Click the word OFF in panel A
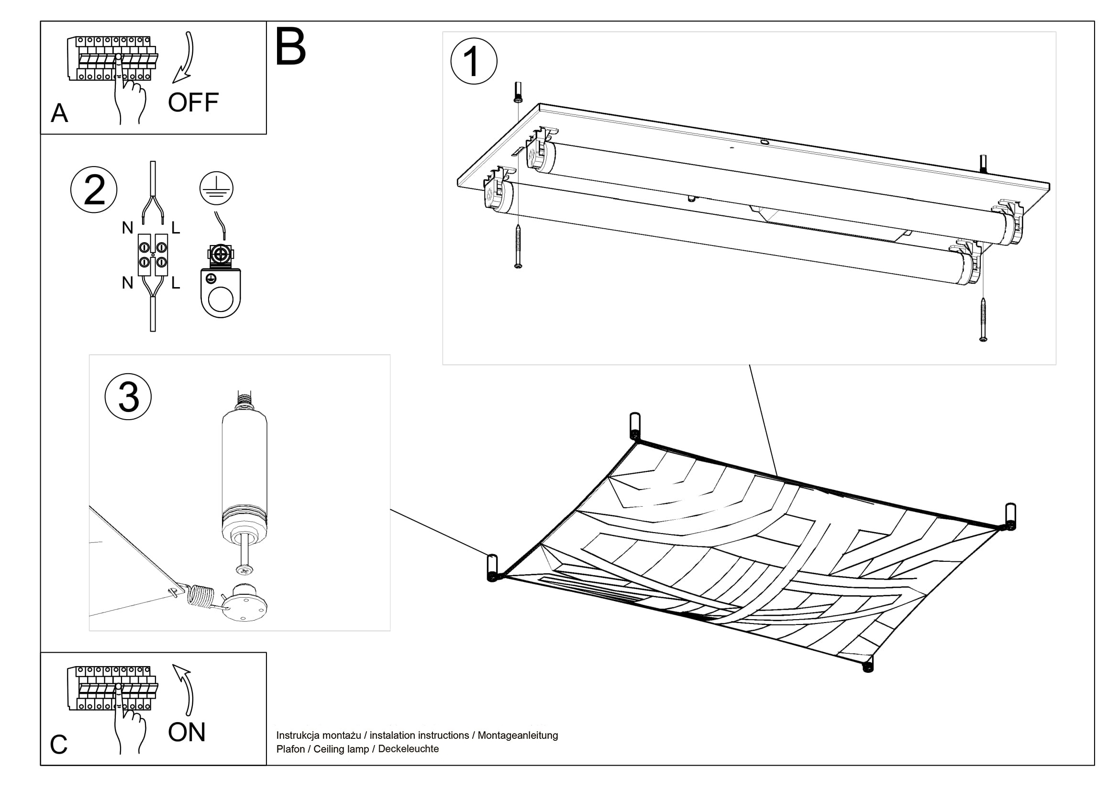(x=193, y=103)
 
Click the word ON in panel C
(x=187, y=733)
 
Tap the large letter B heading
(x=290, y=47)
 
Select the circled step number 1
(x=473, y=61)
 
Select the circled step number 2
(x=94, y=189)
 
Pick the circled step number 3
(x=128, y=397)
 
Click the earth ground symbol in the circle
(x=216, y=188)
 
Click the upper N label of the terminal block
(x=128, y=228)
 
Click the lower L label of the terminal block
(x=176, y=283)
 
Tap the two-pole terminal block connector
(x=153, y=255)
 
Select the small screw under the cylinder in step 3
(x=244, y=568)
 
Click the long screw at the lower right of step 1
(x=983, y=320)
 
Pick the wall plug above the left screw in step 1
(x=518, y=93)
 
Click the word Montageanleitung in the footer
(x=518, y=735)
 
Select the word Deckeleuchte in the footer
(x=409, y=749)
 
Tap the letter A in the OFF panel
(x=59, y=113)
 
